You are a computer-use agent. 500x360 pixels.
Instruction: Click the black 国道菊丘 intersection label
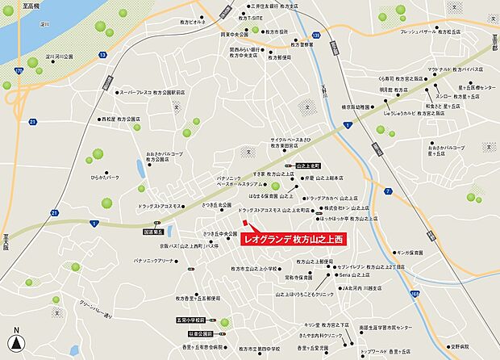(152, 232)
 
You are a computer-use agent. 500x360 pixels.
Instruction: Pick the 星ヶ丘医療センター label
(469, 86)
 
